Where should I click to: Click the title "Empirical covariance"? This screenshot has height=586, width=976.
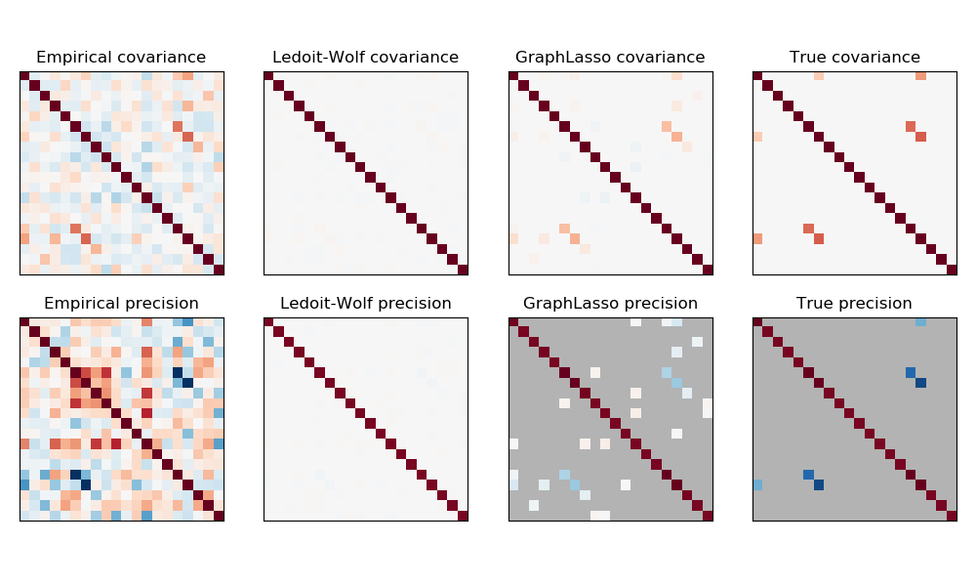click(x=121, y=58)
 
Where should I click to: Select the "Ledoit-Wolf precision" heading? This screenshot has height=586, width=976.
click(x=366, y=304)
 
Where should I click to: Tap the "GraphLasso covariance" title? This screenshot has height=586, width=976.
click(x=610, y=58)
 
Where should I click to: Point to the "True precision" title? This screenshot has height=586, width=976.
click(x=854, y=304)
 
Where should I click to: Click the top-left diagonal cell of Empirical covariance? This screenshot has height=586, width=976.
click(x=24, y=76)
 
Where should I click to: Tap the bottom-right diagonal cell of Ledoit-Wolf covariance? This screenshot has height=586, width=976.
click(x=463, y=270)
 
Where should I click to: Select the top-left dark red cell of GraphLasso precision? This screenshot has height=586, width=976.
click(x=513, y=322)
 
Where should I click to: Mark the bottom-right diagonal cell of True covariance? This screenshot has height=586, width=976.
click(x=952, y=270)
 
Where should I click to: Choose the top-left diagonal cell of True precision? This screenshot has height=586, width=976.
click(x=757, y=322)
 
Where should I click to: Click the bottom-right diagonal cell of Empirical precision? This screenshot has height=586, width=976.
click(x=219, y=516)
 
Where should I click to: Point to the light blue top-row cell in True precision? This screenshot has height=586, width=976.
click(x=920, y=322)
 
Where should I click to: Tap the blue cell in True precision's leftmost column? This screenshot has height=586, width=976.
click(x=757, y=484)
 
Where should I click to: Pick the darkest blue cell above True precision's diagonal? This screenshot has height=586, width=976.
click(x=920, y=383)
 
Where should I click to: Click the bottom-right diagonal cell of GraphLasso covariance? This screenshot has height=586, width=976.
click(x=708, y=270)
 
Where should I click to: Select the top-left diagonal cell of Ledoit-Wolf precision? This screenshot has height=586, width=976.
click(x=268, y=322)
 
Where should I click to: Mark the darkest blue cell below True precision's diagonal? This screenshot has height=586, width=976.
click(x=819, y=484)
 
